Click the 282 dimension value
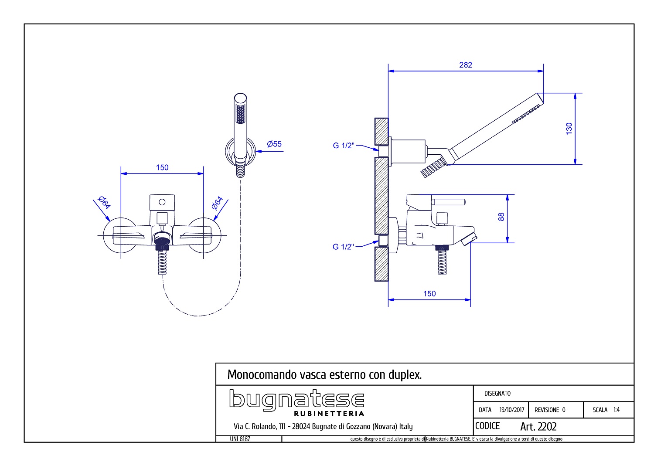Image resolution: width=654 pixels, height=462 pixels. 466,65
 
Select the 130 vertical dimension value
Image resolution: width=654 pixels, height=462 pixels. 569,129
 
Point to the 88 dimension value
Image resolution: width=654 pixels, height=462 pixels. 501,217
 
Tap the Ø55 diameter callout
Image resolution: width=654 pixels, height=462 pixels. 274,144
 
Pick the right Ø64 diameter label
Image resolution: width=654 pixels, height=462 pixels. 217,203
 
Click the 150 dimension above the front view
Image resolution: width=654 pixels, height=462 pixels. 162,167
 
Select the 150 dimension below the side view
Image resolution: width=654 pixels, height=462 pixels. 429,294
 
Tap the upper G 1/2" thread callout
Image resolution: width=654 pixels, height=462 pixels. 344,146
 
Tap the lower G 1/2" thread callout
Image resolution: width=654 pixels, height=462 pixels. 344,247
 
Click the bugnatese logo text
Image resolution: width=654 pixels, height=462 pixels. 296,400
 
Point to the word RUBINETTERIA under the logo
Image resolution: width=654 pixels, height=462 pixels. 329,413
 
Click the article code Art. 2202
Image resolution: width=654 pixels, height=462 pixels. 538,426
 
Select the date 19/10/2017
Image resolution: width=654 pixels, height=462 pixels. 512,410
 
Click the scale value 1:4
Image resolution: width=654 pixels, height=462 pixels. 617,410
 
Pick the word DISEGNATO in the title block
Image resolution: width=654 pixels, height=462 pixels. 497,394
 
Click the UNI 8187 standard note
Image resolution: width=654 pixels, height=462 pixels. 240,439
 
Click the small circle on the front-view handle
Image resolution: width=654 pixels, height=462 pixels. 162,202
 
